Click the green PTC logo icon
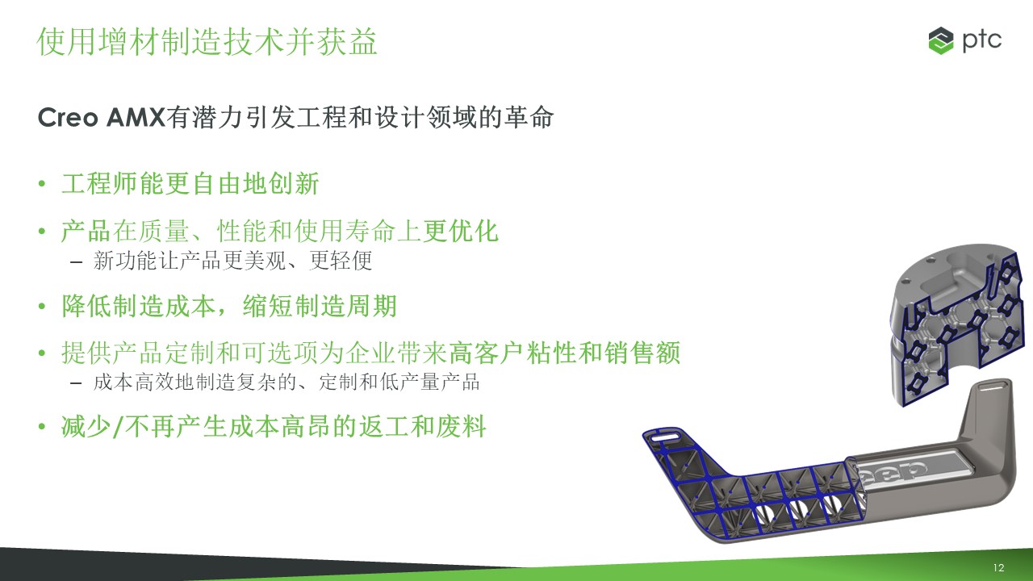[x=941, y=40]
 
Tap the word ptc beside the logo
[x=981, y=41]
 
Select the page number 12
[x=998, y=567]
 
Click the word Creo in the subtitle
[x=68, y=118]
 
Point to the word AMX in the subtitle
[x=136, y=118]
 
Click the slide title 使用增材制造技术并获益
[x=207, y=41]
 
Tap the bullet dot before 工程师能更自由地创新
[x=42, y=183]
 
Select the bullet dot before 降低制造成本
[x=42, y=306]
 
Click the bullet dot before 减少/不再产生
[x=42, y=426]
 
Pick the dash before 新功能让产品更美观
[x=76, y=262]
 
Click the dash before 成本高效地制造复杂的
[x=76, y=383]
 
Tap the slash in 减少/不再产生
[x=118, y=427]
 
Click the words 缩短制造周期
[x=320, y=306]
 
